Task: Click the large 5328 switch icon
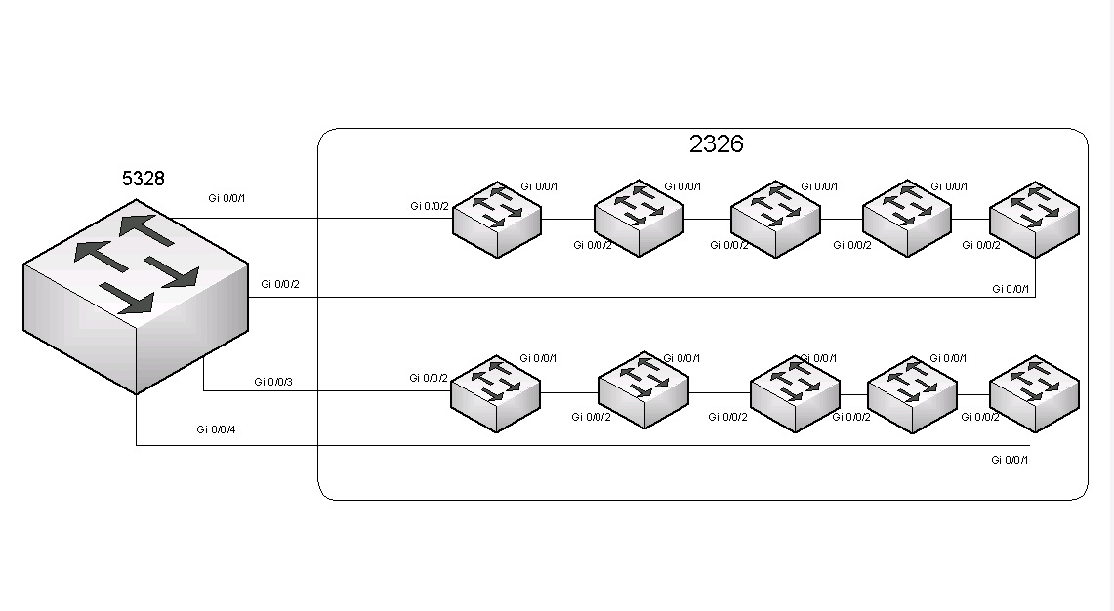(x=136, y=297)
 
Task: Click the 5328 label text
(x=143, y=179)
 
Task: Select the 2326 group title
(x=716, y=144)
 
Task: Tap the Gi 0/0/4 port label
(x=216, y=428)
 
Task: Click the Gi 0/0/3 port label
(x=273, y=382)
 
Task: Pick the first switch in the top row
(x=497, y=219)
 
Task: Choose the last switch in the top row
(x=1034, y=219)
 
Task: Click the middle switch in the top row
(x=775, y=219)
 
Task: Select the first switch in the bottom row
(x=495, y=393)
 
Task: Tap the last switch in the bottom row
(x=1034, y=393)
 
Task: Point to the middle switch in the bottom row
(x=795, y=393)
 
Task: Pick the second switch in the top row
(x=639, y=219)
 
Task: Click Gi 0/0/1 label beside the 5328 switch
(x=227, y=198)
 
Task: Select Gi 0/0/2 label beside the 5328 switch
(x=280, y=284)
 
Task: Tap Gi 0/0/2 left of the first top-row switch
(x=430, y=206)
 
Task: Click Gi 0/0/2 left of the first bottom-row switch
(x=429, y=378)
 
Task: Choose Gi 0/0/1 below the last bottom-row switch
(x=1010, y=460)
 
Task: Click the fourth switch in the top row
(x=907, y=219)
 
